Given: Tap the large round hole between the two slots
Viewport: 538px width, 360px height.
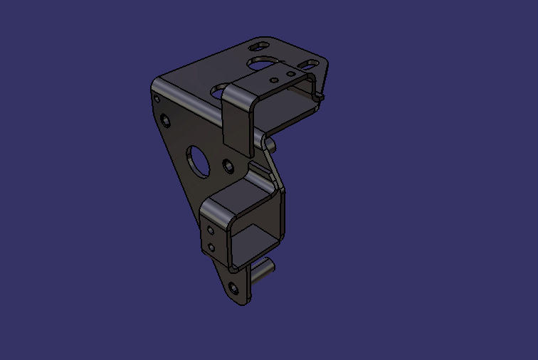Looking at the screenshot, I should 263,64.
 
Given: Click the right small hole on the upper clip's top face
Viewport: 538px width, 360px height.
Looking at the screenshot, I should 289,73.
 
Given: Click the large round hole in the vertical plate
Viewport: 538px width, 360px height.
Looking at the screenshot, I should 197,159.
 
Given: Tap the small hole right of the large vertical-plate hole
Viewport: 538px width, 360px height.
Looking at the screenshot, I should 228,166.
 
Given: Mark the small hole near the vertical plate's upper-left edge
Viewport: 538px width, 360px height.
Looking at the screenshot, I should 166,118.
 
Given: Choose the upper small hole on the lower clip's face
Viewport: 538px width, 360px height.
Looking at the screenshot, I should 211,231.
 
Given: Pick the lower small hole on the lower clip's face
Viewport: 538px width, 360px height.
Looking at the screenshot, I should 211,247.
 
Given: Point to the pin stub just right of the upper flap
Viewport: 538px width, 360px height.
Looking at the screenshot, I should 270,144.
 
